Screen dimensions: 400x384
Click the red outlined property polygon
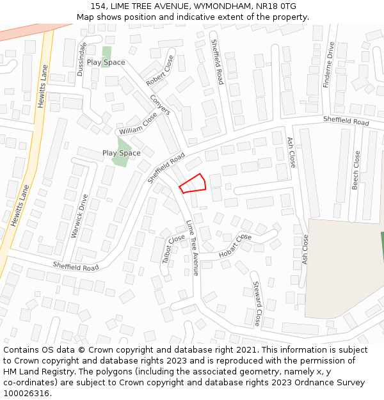(193, 184)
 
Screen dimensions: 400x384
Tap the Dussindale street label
(81, 60)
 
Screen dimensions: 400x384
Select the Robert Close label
(160, 71)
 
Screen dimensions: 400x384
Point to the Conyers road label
(160, 104)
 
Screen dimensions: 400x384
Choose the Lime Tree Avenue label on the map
(193, 248)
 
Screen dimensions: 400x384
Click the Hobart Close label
(235, 246)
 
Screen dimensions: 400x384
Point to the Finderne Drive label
(329, 65)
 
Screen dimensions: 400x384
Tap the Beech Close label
(356, 170)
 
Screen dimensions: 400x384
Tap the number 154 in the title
(99, 6)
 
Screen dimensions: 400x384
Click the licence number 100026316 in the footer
(28, 393)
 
